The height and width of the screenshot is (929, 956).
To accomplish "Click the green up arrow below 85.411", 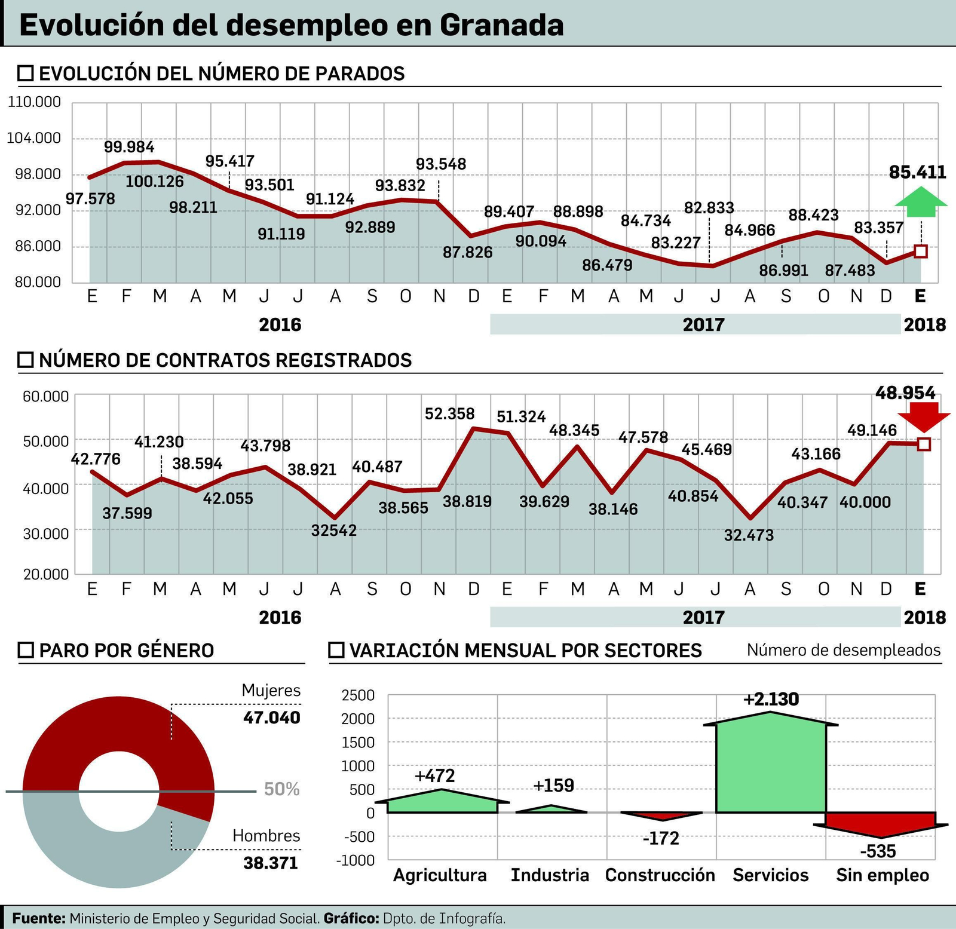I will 921,202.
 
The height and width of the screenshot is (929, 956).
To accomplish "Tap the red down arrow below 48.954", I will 923,416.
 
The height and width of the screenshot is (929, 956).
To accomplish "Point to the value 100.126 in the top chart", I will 154,182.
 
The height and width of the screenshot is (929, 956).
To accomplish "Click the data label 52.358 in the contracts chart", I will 449,413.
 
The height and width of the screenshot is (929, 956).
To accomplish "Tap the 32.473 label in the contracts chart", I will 748,535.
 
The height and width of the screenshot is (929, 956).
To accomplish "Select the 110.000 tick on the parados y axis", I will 35,102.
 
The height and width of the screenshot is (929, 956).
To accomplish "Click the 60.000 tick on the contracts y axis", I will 45,396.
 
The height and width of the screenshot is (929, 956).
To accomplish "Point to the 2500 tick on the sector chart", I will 357,695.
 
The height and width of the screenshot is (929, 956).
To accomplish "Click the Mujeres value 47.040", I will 271,718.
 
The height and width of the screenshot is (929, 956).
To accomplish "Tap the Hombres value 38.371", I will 270,863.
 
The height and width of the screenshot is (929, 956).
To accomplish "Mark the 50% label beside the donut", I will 281,789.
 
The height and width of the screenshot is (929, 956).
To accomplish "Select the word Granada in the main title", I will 502,25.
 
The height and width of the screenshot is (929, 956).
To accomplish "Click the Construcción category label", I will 660,875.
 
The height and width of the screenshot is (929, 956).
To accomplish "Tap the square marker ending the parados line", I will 921,252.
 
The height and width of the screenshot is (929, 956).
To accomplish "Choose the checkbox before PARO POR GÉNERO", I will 26,650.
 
